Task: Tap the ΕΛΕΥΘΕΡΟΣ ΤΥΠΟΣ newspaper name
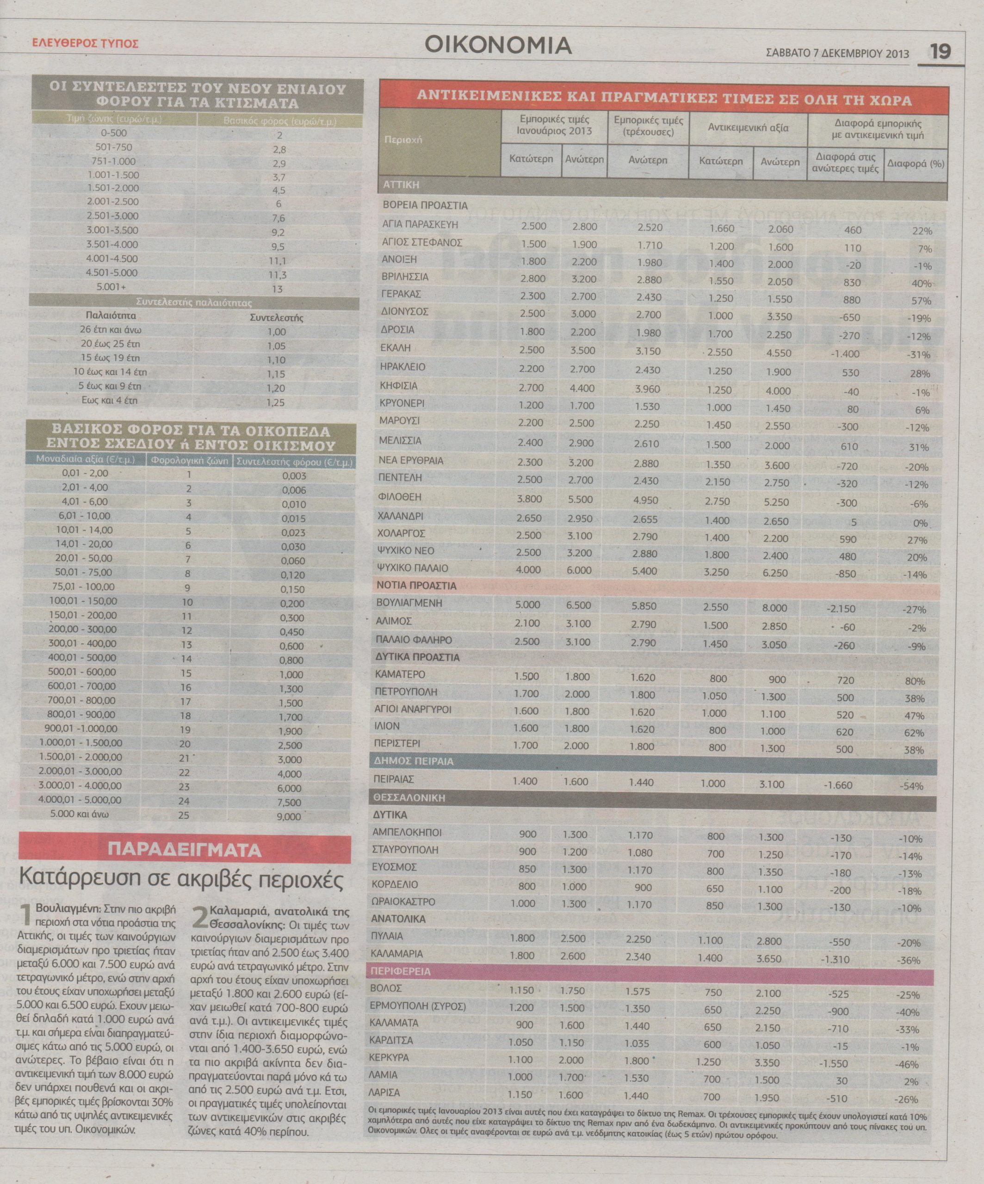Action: [85, 43]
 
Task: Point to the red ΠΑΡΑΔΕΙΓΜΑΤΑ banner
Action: [185, 850]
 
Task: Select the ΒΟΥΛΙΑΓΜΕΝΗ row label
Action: [409, 603]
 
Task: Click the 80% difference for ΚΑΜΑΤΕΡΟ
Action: [915, 681]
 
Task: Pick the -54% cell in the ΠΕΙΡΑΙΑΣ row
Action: [912, 786]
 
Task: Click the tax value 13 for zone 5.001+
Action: [278, 289]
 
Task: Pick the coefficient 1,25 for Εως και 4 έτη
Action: [276, 402]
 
